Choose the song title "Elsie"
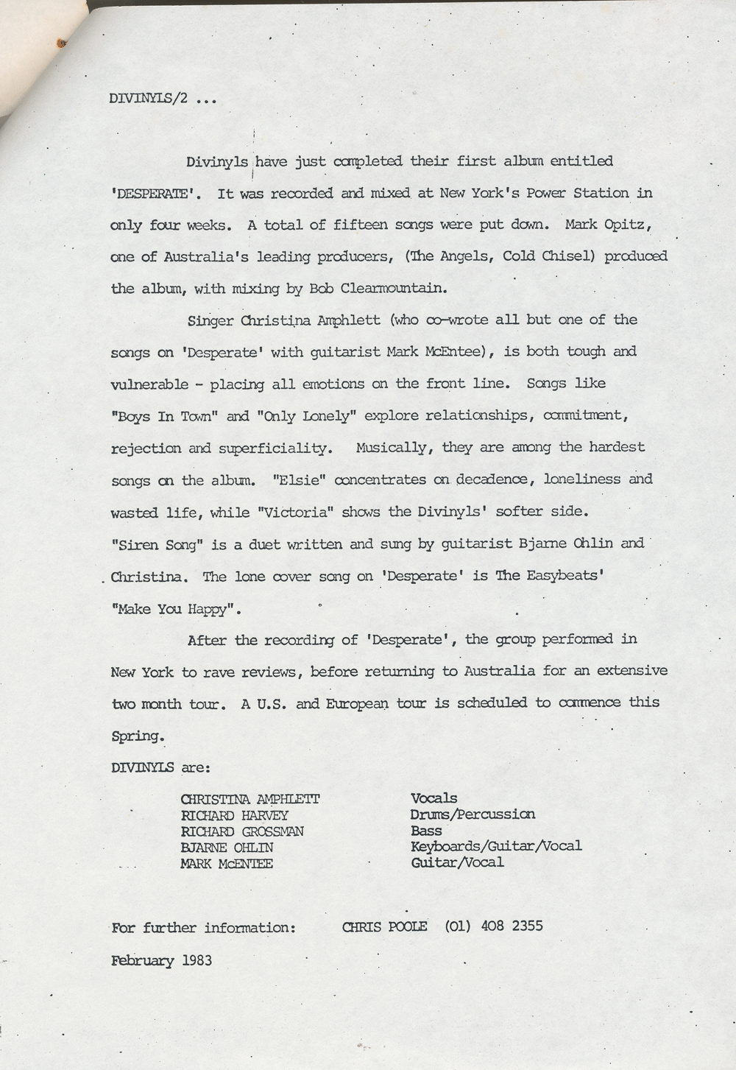point(300,479)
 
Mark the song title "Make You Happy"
point(177,609)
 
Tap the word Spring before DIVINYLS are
point(136,736)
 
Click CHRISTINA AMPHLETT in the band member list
point(250,799)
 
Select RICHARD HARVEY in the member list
point(235,815)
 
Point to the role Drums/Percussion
point(473,814)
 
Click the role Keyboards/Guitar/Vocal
point(496,846)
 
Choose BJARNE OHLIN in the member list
point(227,847)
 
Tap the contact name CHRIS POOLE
point(384,926)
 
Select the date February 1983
point(162,960)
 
